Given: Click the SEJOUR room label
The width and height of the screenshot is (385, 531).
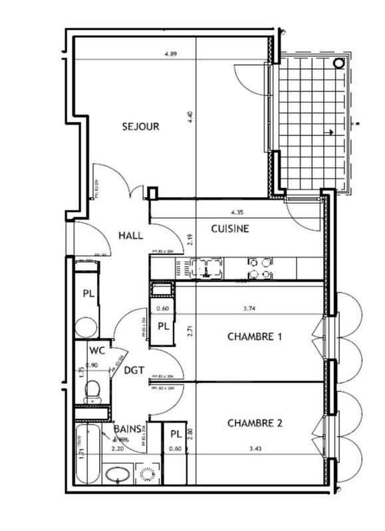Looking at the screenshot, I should (x=140, y=126).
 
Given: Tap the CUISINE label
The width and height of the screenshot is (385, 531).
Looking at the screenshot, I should (x=230, y=229).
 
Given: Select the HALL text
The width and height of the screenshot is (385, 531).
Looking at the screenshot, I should (x=132, y=235).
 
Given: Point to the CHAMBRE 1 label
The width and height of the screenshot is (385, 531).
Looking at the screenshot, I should (x=255, y=337).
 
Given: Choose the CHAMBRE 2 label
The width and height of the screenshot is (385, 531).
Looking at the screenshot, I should (x=255, y=423).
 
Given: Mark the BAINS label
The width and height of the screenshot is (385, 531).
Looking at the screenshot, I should (x=126, y=429).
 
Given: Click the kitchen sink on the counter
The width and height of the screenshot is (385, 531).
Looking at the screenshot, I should (x=205, y=269).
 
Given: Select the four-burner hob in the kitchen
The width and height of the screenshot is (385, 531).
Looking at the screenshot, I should (x=259, y=268).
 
